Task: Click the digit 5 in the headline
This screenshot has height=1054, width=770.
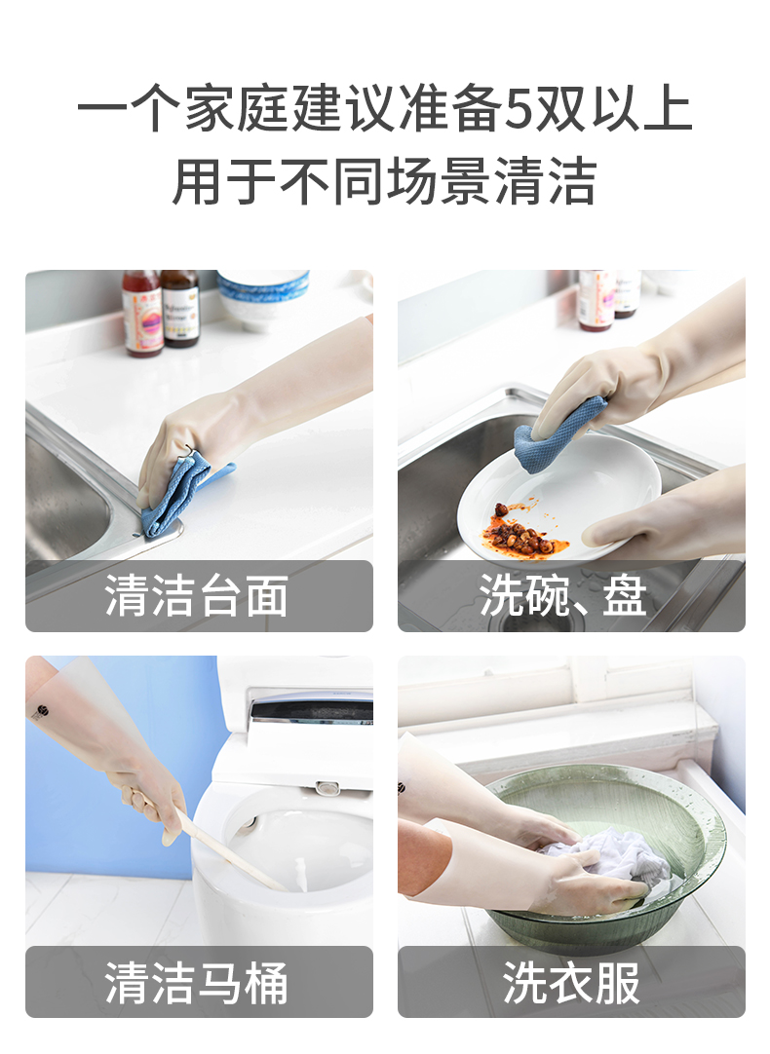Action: [519, 109]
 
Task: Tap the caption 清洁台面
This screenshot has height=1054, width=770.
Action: [196, 596]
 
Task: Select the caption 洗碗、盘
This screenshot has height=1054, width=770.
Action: [562, 596]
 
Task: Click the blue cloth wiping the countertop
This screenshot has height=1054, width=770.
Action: [181, 492]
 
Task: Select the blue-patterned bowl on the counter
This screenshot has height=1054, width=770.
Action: [262, 298]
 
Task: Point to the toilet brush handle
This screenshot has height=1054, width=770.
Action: [229, 852]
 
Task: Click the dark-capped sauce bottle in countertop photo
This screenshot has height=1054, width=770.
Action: [180, 308]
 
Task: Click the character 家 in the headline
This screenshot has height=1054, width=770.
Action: [211, 109]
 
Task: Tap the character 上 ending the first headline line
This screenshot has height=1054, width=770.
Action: [667, 109]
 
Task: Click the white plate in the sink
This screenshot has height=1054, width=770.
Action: [559, 501]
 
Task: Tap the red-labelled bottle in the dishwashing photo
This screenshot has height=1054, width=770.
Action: [596, 300]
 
